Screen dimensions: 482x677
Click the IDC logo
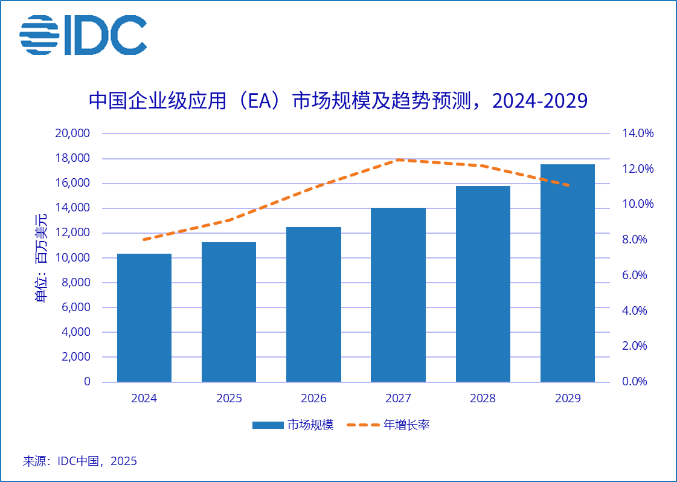(83, 34)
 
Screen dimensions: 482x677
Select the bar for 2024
(144, 318)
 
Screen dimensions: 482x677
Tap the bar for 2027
(398, 295)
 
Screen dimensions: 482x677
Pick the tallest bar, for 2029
(567, 273)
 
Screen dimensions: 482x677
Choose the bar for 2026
(313, 304)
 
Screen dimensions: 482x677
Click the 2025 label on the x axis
(229, 399)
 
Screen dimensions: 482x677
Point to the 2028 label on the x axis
(483, 399)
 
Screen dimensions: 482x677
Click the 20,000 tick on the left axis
(72, 133)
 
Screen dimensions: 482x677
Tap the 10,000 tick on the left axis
(72, 258)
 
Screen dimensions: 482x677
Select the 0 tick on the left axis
(87, 382)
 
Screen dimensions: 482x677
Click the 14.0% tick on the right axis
(638, 133)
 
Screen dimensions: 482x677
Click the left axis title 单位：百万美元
(41, 258)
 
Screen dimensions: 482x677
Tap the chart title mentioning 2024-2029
(338, 100)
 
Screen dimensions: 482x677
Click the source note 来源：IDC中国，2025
(80, 461)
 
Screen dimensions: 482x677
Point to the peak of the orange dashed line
(399, 160)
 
